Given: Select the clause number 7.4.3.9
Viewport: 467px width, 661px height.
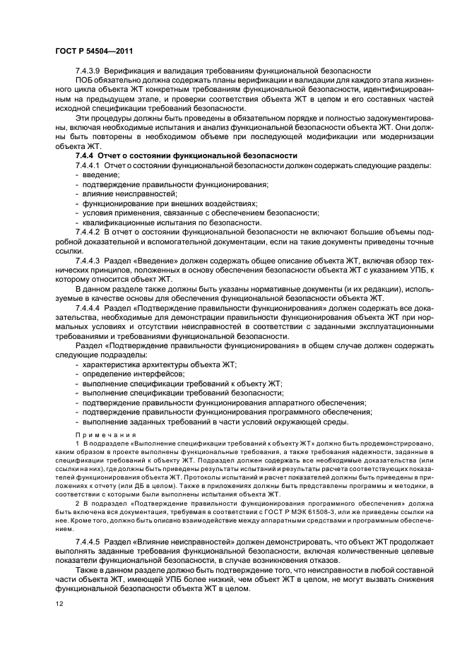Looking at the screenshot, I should click(90, 71).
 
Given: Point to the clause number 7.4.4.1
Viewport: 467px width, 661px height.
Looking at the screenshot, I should click(90, 165).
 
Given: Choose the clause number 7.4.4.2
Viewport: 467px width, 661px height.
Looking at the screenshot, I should click(90, 231).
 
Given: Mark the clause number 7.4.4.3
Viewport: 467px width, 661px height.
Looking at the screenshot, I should click(90, 261).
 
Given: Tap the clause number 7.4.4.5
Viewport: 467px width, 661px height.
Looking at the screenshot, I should click(90, 540).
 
